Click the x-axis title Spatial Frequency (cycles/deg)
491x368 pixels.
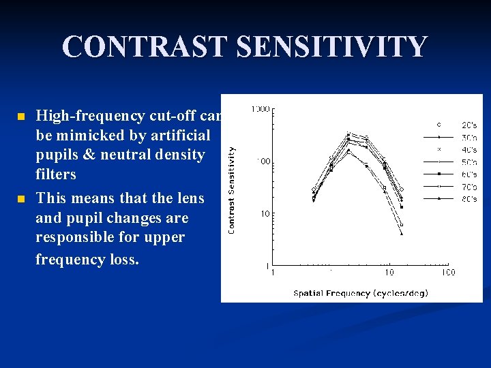click(361, 293)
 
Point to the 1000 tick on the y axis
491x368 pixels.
click(260, 109)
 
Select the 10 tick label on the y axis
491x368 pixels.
click(264, 213)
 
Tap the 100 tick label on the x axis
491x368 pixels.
click(447, 273)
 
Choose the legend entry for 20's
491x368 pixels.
click(469, 125)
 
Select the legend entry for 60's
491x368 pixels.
click(469, 174)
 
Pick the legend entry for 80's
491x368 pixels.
click(469, 198)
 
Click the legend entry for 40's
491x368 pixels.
click(469, 149)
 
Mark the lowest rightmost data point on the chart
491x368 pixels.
click(402, 234)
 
